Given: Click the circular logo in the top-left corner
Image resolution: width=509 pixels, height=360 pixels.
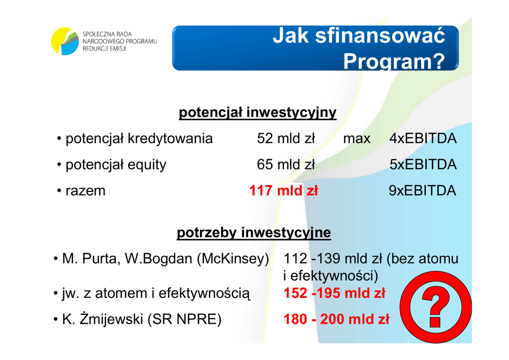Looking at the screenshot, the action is [65, 41].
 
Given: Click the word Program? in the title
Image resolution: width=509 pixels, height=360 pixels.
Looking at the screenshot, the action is [394, 61].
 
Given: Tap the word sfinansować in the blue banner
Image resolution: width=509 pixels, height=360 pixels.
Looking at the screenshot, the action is [380, 35].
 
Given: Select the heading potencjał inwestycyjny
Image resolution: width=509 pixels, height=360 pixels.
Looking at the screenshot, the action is [257, 113].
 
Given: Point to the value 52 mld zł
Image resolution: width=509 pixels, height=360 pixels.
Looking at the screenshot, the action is [286, 139].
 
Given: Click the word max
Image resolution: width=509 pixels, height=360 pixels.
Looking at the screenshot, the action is [357, 139].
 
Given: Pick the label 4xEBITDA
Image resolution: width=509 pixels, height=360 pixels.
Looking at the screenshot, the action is [423, 139].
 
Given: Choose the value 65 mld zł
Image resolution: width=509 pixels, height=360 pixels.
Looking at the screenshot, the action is [286, 165].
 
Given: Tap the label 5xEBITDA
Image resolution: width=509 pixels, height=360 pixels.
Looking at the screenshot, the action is [423, 165].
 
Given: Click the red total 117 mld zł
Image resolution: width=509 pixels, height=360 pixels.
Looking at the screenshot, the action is [283, 190].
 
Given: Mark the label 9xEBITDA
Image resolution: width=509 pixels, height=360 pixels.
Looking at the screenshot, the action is [423, 190].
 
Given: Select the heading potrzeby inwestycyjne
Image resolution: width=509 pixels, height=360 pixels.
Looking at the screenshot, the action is [254, 233].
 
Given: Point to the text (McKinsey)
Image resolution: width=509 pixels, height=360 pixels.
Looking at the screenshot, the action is [233, 259].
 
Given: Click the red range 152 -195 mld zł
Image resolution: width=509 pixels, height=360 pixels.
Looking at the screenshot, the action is [335, 293].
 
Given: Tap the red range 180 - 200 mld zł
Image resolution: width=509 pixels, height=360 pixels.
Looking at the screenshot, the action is [337, 319].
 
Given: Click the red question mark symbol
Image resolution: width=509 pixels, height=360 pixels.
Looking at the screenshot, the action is [435, 307].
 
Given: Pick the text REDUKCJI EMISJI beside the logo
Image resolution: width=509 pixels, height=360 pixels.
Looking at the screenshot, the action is [104, 49].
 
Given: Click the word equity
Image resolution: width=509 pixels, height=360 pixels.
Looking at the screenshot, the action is [147, 165].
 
